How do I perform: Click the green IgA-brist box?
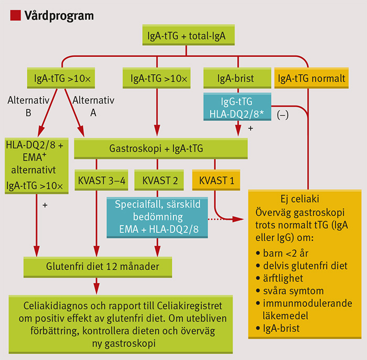tap(236, 79)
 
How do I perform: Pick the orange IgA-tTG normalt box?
tap(311, 79)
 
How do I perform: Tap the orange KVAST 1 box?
tap(214, 181)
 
